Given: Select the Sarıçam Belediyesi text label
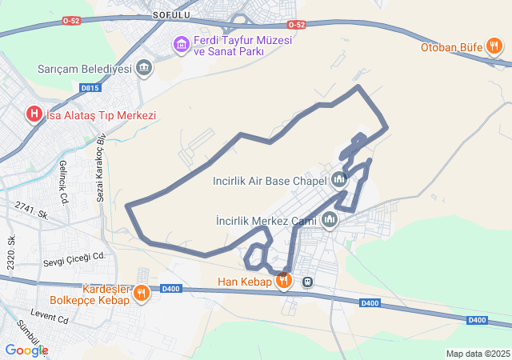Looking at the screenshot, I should [x=84, y=69].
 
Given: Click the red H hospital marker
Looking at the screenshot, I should [x=34, y=114].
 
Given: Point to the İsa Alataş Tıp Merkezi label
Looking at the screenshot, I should [x=102, y=115].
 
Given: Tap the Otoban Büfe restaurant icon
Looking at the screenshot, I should [x=495, y=47].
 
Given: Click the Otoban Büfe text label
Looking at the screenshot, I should [x=452, y=47].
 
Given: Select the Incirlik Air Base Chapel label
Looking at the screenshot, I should [x=270, y=181].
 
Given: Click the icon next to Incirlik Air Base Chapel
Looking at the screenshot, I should [x=339, y=180].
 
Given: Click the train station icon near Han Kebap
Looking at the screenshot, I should [x=307, y=282].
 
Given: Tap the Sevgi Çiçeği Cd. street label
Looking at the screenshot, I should [x=74, y=257].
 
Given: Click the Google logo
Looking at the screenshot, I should [x=26, y=350].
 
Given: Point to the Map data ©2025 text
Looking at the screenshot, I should [x=478, y=354].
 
